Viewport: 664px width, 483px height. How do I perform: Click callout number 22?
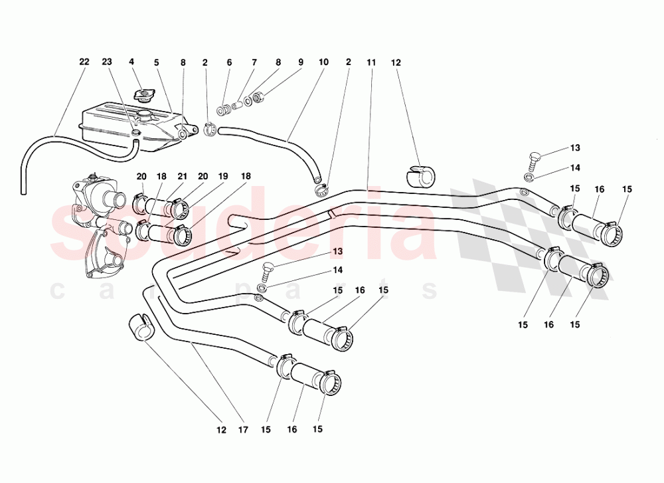click(84, 62)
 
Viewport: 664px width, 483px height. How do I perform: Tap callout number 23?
click(108, 62)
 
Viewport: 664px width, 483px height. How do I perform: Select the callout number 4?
click(131, 62)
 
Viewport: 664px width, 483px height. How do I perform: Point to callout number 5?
click(157, 62)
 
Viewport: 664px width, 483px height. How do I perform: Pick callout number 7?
click(254, 62)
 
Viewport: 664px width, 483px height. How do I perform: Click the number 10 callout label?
click(323, 62)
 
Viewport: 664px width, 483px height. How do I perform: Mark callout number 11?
click(371, 62)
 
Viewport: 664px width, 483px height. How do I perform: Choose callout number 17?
click(243, 430)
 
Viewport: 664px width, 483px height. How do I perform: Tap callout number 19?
click(223, 176)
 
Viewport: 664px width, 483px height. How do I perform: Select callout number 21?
click(181, 176)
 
